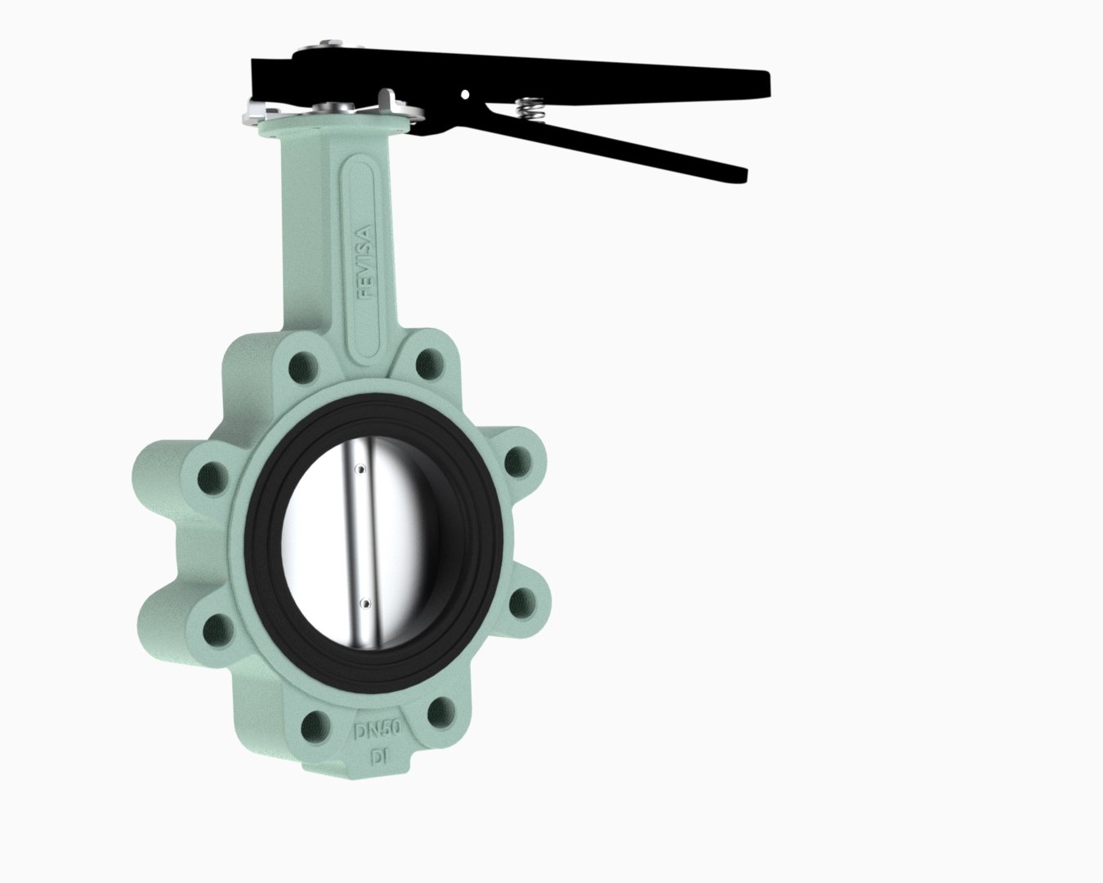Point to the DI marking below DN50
point(379,759)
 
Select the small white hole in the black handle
point(465,94)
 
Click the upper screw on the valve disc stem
point(361,468)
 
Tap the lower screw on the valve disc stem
point(364,604)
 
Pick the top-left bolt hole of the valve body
point(301,366)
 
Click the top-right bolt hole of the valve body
point(429,363)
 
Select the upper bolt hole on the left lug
point(212,477)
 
